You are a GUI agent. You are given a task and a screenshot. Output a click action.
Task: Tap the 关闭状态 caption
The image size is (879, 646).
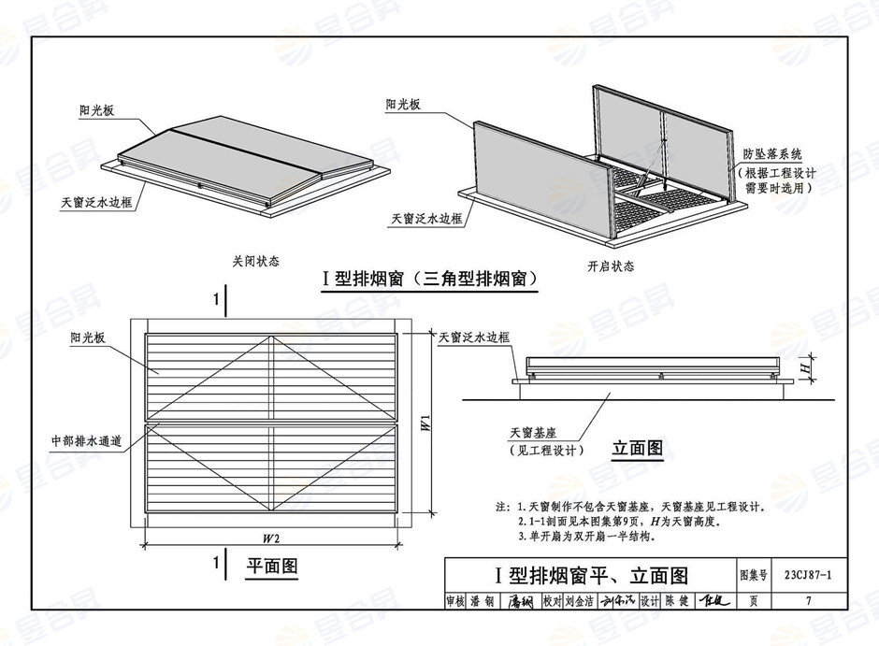pos(256,262)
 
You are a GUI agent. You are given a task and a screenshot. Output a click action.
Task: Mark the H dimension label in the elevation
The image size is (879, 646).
pos(805,371)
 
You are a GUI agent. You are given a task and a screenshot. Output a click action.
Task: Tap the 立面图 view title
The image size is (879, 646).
pos(637,449)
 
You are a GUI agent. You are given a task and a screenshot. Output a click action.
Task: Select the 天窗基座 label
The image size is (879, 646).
pos(534,434)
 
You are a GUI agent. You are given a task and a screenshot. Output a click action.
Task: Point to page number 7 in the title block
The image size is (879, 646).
pos(808,602)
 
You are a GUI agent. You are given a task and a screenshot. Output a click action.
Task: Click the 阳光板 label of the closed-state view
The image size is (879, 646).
pos(96,110)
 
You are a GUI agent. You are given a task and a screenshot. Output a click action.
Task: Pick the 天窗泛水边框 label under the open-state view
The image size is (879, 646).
pos(427,218)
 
